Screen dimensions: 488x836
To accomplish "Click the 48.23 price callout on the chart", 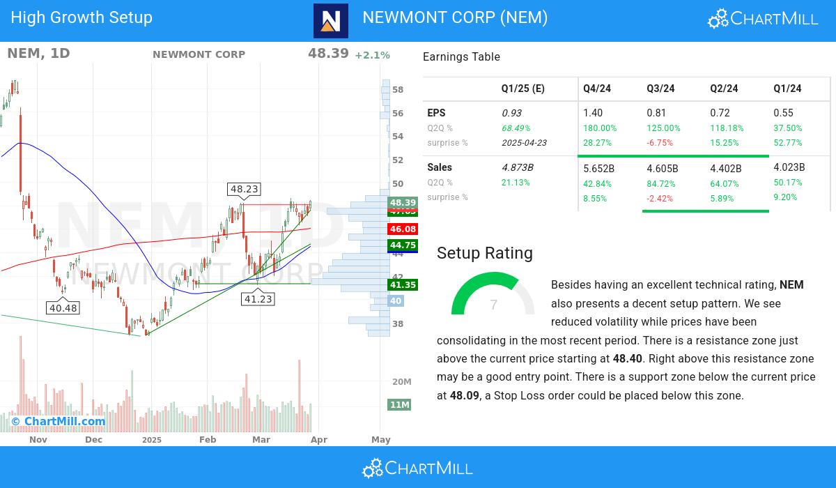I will pyautogui.click(x=244, y=189).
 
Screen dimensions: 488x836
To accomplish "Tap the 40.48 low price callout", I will pyautogui.click(x=63, y=308).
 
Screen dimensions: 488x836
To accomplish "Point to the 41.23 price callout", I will pyautogui.click(x=258, y=299).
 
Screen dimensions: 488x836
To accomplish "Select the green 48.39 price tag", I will pyautogui.click(x=403, y=202).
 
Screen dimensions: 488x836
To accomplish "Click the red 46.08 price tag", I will pyautogui.click(x=403, y=229).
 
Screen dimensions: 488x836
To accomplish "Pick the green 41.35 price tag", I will pyautogui.click(x=403, y=284).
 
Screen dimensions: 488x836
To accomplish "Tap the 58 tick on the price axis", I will pyautogui.click(x=398, y=90).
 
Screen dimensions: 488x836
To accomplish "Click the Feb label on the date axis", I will pyautogui.click(x=207, y=440).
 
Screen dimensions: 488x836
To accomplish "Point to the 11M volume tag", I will pyautogui.click(x=399, y=405).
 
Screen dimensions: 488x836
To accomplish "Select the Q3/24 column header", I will pyautogui.click(x=660, y=89).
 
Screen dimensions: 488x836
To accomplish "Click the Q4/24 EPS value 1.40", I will pyautogui.click(x=593, y=113).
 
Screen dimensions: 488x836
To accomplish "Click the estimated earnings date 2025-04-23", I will pyautogui.click(x=524, y=143).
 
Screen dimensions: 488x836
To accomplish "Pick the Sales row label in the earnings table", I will pyautogui.click(x=440, y=167).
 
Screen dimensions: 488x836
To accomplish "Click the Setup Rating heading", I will pyautogui.click(x=485, y=253).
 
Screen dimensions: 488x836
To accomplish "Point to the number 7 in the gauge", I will pyautogui.click(x=493, y=305).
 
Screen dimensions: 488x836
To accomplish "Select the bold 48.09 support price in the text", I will pyautogui.click(x=465, y=395).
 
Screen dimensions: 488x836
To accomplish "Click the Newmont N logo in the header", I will pyautogui.click(x=331, y=21).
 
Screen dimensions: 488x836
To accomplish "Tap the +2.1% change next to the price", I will pyautogui.click(x=372, y=55).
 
